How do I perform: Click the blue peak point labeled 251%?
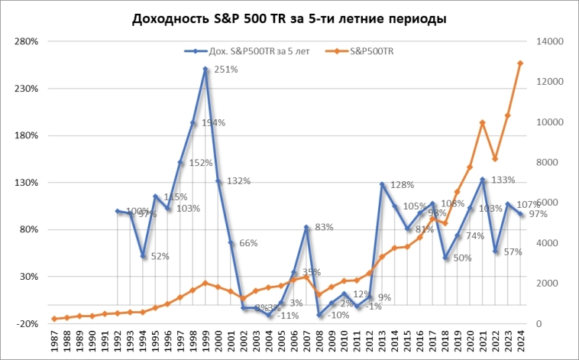coord(205,70)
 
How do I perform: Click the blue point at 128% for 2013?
coord(382,184)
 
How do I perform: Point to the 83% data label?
coord(325,227)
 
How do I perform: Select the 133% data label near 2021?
coord(500,180)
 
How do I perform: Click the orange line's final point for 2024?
coord(520,63)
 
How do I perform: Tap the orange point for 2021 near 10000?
coord(483,122)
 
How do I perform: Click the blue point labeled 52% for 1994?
coord(143,256)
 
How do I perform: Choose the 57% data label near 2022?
coord(512,252)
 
